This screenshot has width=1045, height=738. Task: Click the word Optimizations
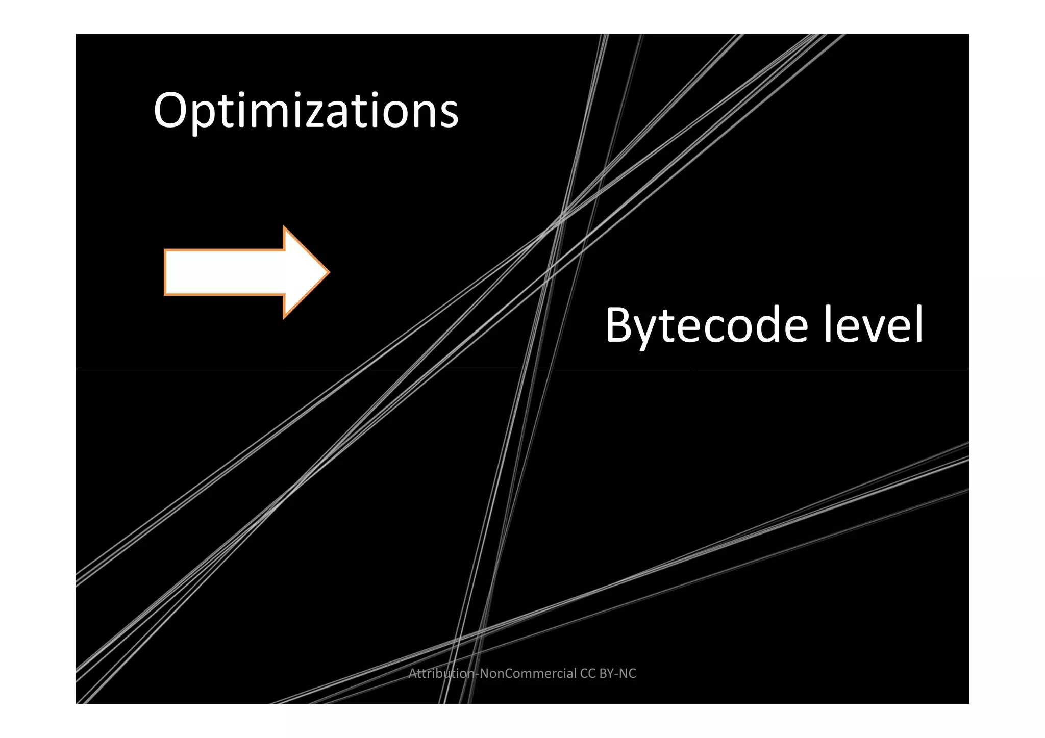coord(306,111)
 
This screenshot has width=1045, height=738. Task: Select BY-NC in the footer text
coord(618,674)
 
